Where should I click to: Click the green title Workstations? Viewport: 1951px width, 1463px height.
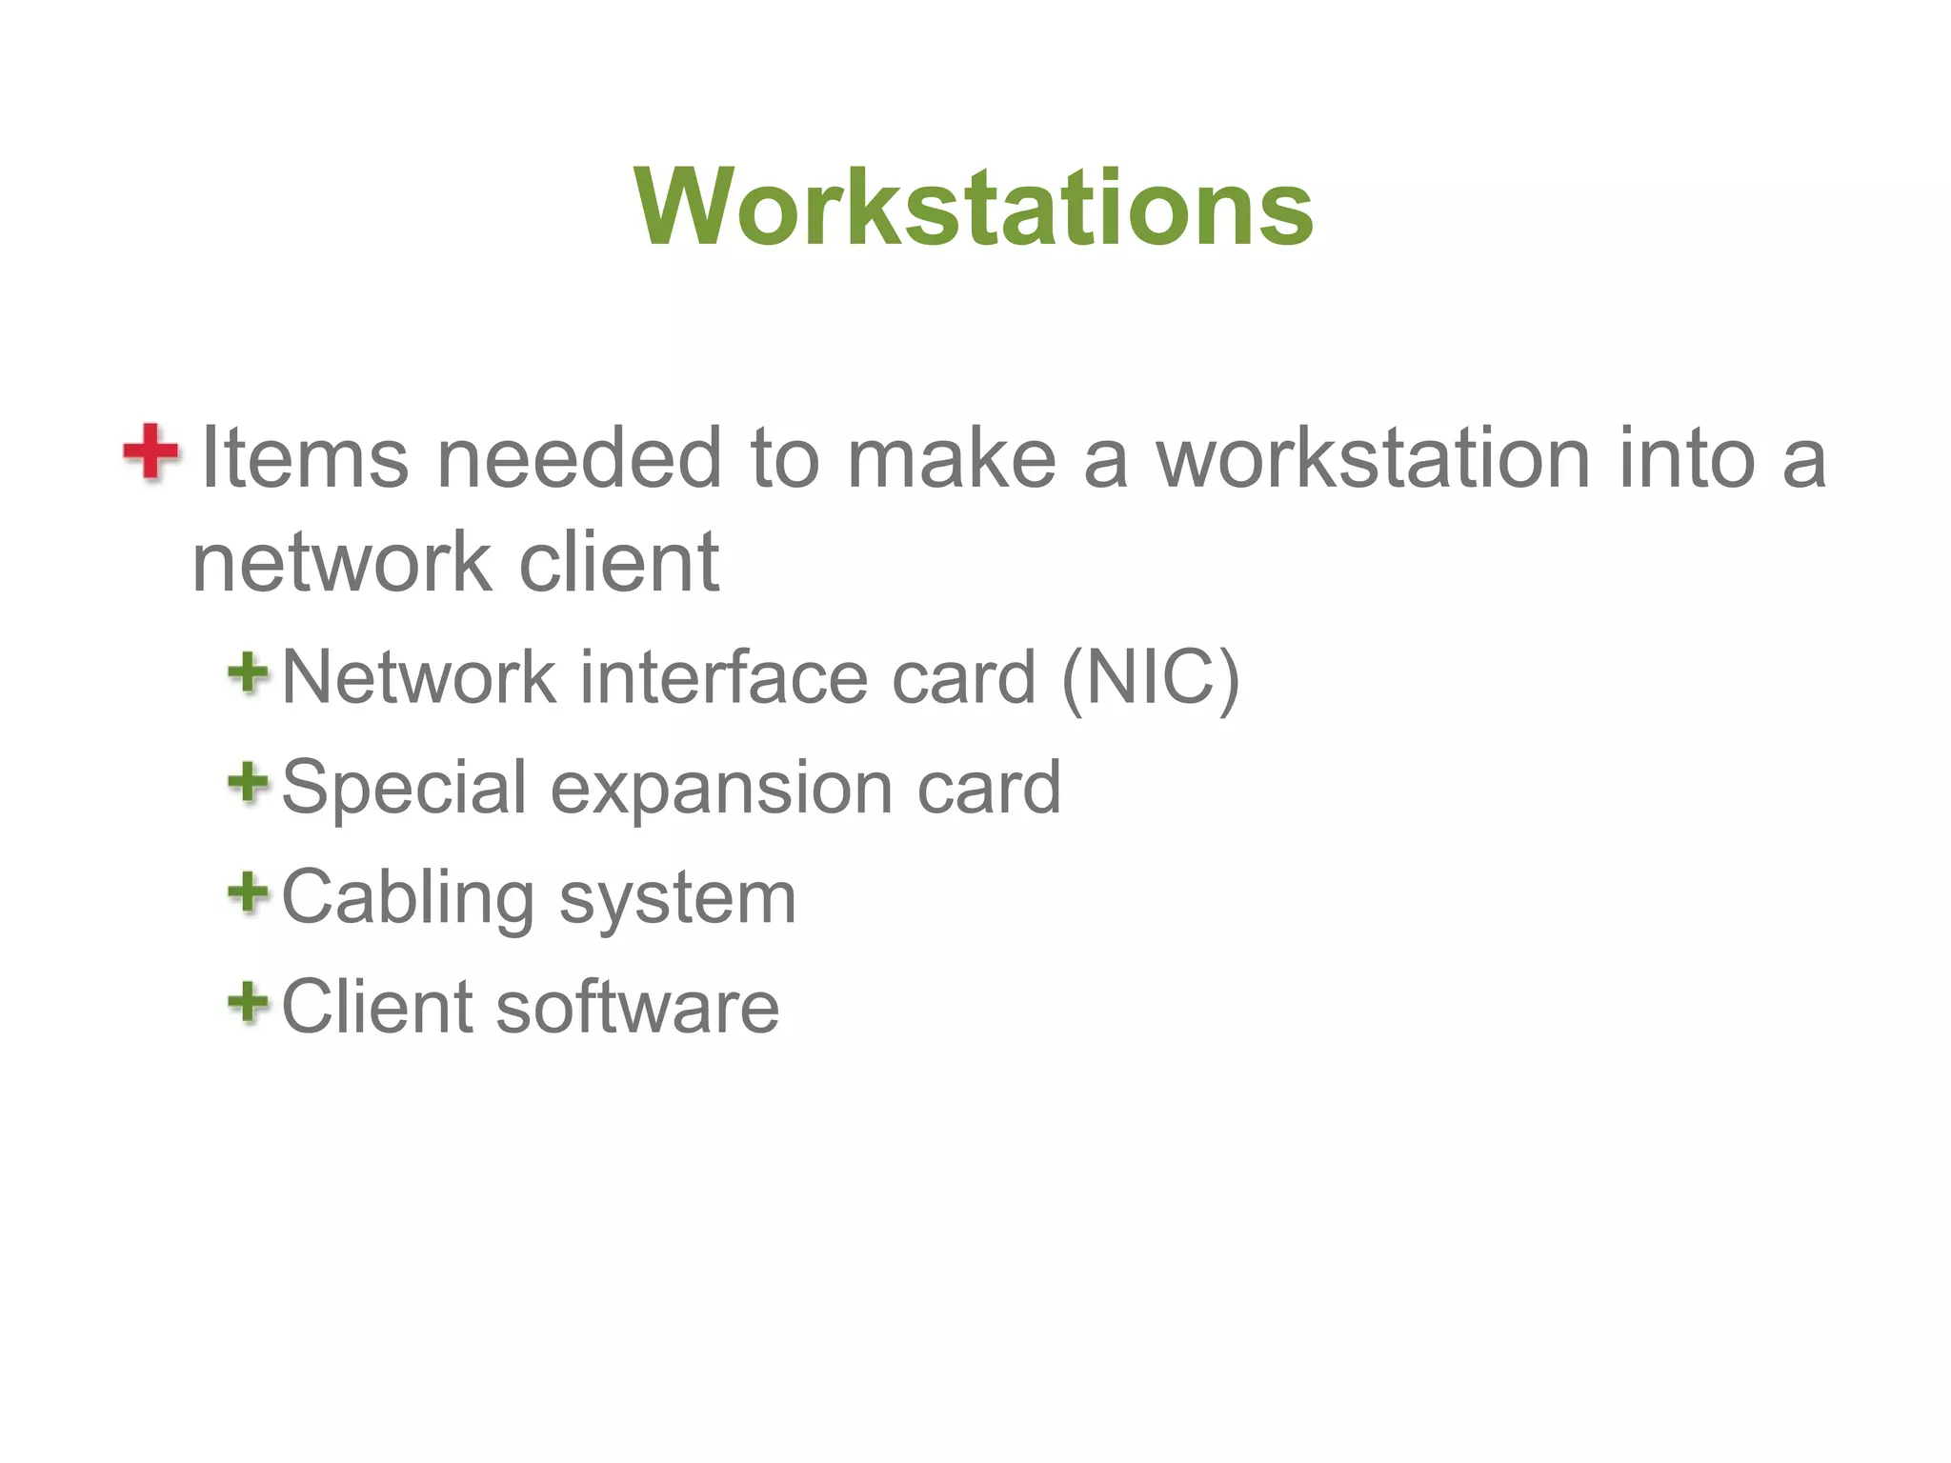[974, 208]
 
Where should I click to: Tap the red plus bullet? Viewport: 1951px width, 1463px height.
[151, 451]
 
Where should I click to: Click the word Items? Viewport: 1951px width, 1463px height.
[305, 459]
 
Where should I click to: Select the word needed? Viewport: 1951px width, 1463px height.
[579, 459]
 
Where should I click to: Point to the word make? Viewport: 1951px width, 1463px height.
[952, 459]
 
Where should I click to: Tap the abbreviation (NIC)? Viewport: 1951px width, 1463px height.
[1150, 678]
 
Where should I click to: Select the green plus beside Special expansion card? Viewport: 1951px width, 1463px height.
[249, 783]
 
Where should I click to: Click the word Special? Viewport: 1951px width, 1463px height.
[404, 789]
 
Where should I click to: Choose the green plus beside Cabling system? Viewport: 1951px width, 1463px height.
[249, 892]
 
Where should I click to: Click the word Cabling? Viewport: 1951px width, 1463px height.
[409, 899]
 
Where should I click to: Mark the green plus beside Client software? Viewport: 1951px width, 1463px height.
[249, 1002]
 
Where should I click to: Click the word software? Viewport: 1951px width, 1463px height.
[637, 1008]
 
